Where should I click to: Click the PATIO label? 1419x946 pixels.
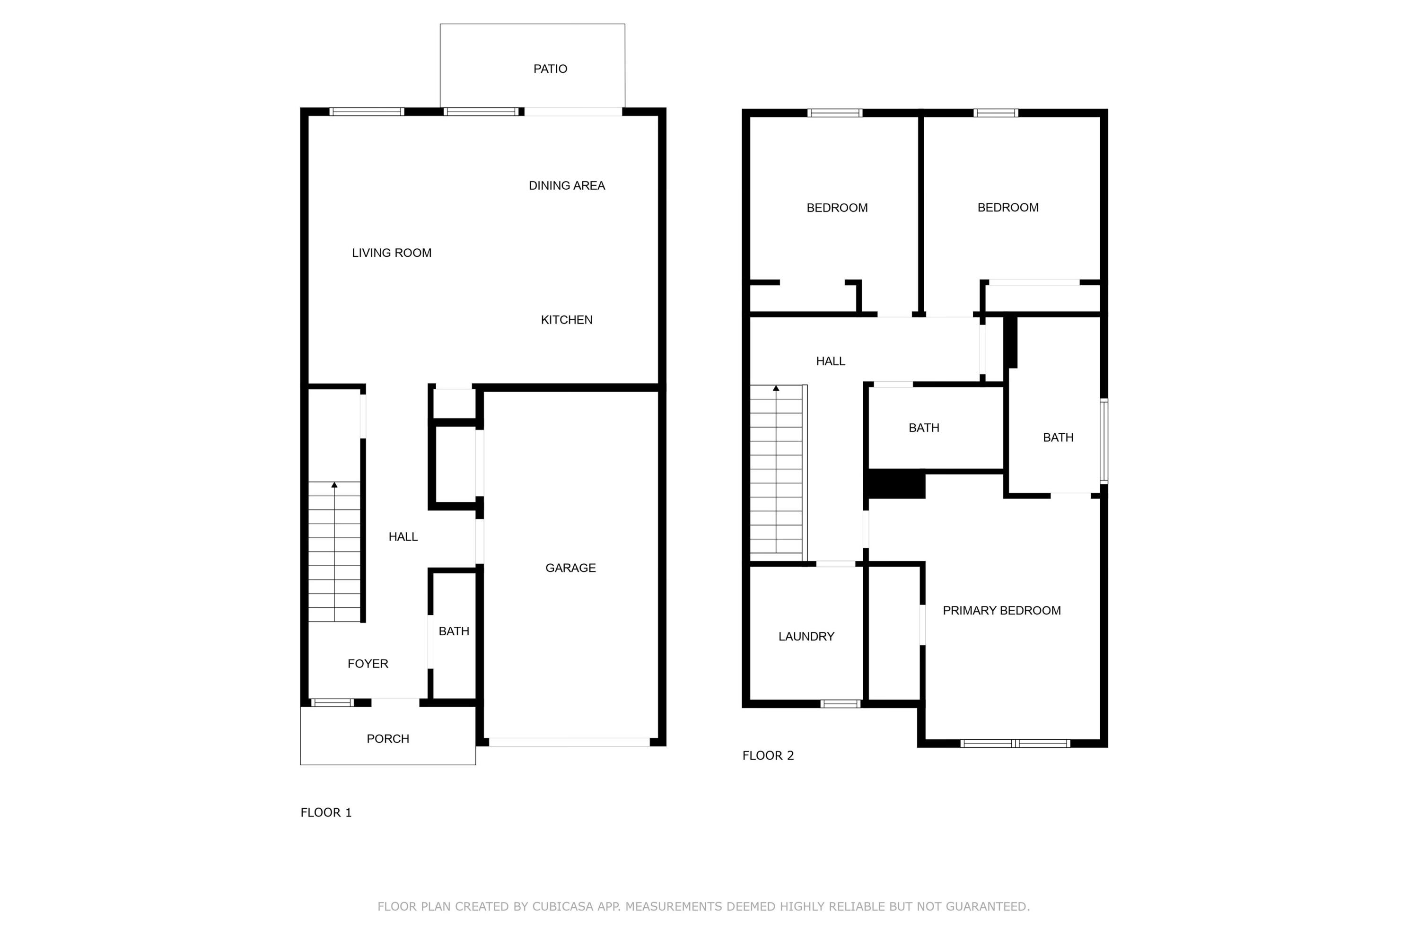click(x=550, y=69)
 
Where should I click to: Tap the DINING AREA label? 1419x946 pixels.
click(x=567, y=186)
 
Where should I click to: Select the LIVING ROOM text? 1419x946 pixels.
click(x=392, y=253)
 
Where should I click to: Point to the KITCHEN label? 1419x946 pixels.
click(x=567, y=320)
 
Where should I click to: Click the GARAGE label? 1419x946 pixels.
click(x=570, y=568)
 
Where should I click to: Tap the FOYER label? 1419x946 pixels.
click(x=368, y=664)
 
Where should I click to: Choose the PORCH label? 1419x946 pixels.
click(x=387, y=738)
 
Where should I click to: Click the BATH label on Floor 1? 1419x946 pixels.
click(x=454, y=631)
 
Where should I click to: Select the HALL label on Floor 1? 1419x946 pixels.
click(x=403, y=536)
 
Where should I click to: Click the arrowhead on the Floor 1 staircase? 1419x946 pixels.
click(x=334, y=484)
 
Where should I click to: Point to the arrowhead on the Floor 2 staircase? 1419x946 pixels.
click(x=776, y=388)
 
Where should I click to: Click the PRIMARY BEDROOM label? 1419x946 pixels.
click(x=1001, y=610)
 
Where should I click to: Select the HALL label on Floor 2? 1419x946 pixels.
click(x=830, y=361)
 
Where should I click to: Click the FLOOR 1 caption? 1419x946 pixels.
click(x=326, y=812)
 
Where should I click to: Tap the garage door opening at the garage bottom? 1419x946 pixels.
click(x=569, y=742)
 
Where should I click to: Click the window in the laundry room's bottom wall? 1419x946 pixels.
click(x=840, y=703)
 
